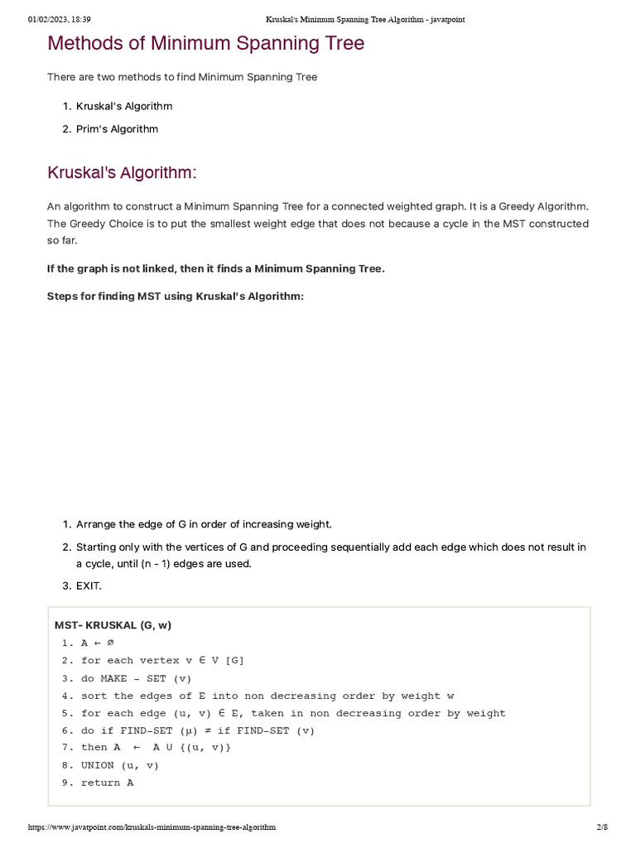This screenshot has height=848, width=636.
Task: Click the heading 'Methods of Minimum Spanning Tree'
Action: (x=205, y=44)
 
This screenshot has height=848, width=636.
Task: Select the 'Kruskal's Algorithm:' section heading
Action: (x=122, y=173)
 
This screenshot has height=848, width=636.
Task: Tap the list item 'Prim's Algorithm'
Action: (x=117, y=129)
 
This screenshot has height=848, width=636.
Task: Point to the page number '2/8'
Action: (x=602, y=827)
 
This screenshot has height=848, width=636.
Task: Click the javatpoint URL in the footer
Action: (x=152, y=827)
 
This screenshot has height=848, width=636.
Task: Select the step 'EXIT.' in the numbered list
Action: (x=89, y=586)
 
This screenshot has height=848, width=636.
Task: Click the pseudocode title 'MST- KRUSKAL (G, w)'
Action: (x=113, y=625)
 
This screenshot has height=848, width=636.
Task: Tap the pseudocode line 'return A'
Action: (x=107, y=783)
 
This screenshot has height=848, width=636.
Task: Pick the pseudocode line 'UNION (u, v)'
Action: (x=119, y=765)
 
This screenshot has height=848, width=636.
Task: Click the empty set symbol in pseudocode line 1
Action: (x=111, y=643)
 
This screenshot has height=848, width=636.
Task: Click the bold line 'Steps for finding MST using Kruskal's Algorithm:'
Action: (x=176, y=296)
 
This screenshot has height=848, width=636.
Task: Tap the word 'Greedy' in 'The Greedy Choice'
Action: (x=91, y=224)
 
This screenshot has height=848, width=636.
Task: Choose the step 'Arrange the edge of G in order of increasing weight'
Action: (x=204, y=524)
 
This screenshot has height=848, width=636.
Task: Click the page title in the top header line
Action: (x=364, y=19)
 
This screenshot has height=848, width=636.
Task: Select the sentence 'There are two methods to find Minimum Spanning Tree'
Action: (x=182, y=77)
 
